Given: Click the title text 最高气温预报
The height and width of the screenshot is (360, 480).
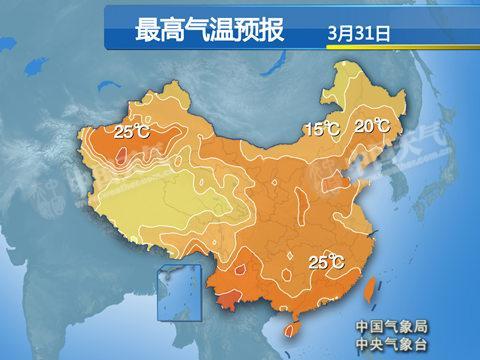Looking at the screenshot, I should pos(209,30).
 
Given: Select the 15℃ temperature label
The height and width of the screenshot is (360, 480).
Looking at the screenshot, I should pos(322,129).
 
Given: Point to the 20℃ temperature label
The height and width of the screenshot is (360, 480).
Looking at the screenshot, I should pos(372,126).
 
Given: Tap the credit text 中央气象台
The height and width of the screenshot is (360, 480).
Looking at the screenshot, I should pos(390,343).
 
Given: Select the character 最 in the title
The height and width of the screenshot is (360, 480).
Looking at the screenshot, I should pos(145,30).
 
